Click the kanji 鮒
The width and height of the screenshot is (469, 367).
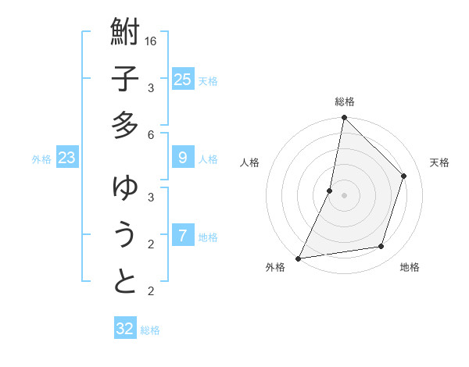coord(125,33)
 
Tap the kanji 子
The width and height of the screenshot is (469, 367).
coord(125,79)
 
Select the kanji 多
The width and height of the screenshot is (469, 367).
coord(125,125)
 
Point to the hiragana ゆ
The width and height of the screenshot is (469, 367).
coord(125,188)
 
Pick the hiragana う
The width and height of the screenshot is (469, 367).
coord(125,235)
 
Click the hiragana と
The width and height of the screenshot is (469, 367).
coord(125,282)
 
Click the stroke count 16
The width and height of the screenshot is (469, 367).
coord(151,41)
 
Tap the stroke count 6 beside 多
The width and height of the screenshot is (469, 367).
coord(151,134)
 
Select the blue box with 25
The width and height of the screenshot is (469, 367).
coord(182,80)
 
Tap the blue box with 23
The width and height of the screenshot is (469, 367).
coord(67,159)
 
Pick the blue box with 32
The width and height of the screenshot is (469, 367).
coord(125,329)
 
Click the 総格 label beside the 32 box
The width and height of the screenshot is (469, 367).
coord(150,330)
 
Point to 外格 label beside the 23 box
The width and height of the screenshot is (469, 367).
coord(41,159)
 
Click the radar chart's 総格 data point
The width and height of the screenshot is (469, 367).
coord(344,117)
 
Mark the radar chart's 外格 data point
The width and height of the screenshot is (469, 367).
coord(298,258)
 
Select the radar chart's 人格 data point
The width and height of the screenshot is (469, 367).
coord(330,191)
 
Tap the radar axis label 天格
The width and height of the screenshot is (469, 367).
coord(439,162)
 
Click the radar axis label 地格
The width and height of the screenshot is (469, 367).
coord(410,267)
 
